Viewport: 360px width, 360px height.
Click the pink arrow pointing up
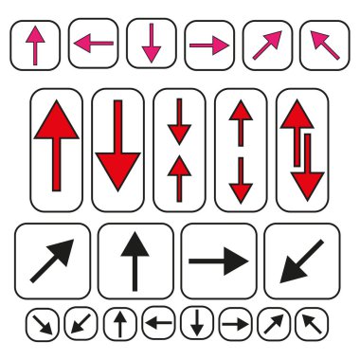[x=35, y=45]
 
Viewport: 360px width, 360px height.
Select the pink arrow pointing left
[x=93, y=45]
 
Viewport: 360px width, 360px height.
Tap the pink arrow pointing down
[x=151, y=44]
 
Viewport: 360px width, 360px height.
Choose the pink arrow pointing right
[x=209, y=45]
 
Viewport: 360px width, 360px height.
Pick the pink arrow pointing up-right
[x=266, y=45]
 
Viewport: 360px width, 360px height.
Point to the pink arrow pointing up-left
[x=324, y=45]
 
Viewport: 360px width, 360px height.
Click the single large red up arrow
[x=57, y=150]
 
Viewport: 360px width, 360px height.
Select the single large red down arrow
[x=118, y=150]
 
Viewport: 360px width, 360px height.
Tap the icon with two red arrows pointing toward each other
[x=179, y=150]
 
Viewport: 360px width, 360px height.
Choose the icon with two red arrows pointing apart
[x=241, y=150]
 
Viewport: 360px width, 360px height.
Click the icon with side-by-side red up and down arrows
[x=301, y=150]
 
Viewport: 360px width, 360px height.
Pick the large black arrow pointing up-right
[x=53, y=261]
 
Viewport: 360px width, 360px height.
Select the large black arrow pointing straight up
[x=135, y=261]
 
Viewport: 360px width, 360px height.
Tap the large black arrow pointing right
[x=219, y=261]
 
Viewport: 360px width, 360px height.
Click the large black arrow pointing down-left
[x=301, y=261]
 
